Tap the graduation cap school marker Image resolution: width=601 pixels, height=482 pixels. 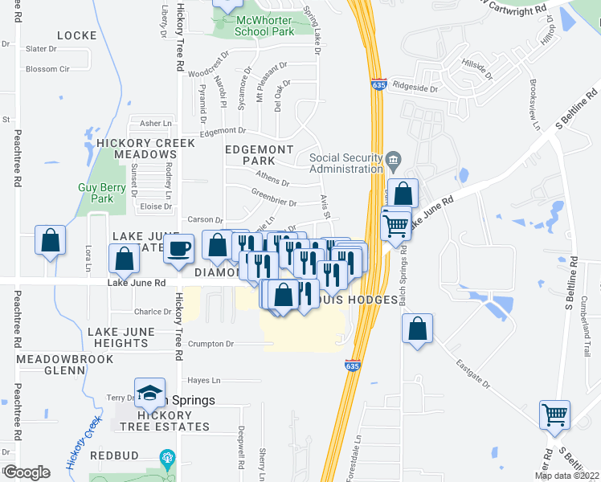coord(150,393)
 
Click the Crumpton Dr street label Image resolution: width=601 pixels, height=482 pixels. coord(211,344)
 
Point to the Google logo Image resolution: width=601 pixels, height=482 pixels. coord(27,472)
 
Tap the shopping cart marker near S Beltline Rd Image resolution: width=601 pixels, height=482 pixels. coord(554,415)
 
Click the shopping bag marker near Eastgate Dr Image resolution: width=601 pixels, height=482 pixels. coord(417,328)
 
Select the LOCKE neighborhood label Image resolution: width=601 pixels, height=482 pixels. coord(77,35)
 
